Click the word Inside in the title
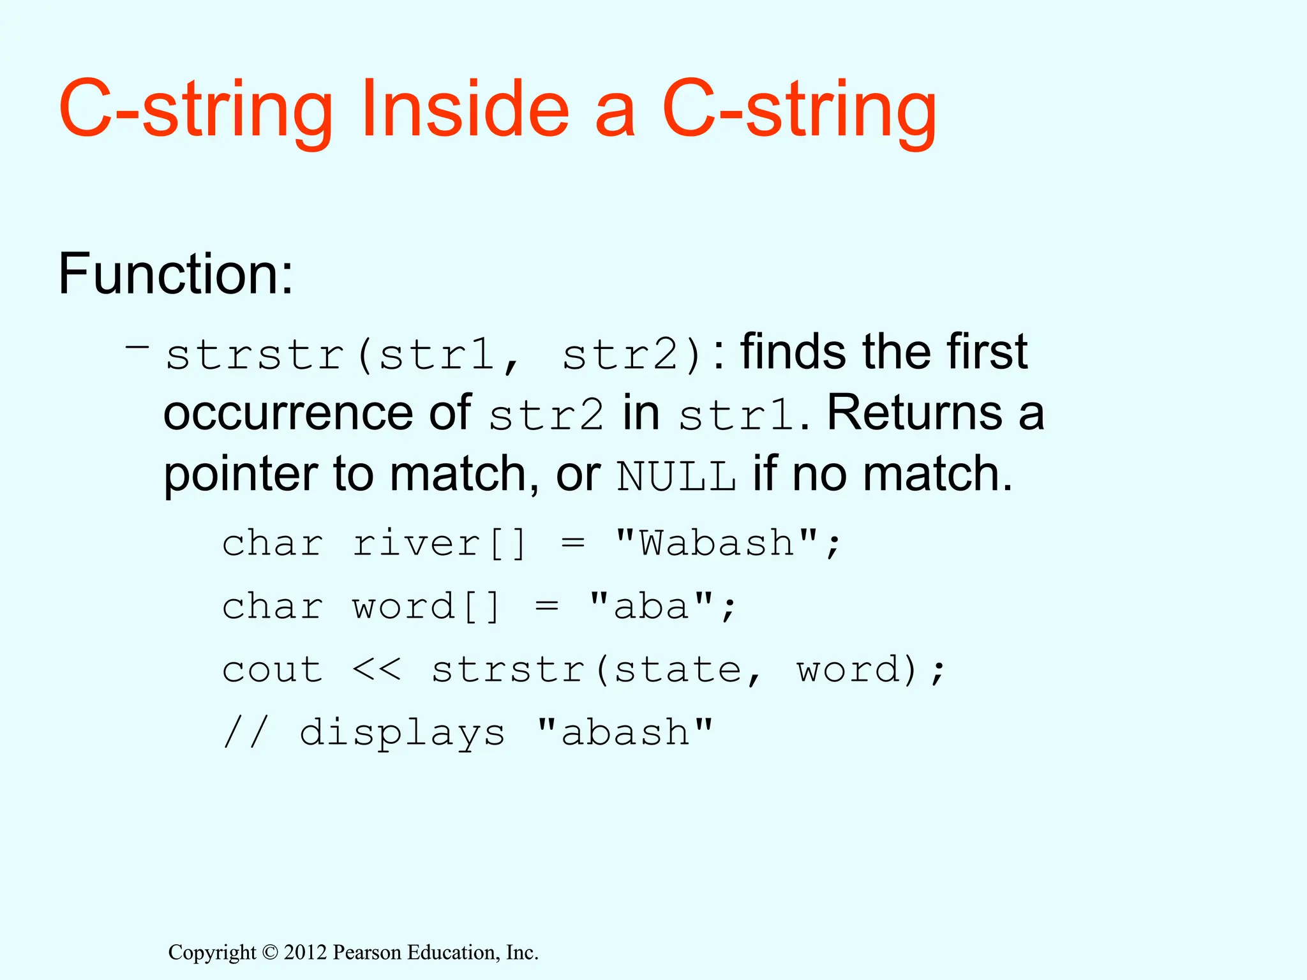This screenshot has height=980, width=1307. pos(464,108)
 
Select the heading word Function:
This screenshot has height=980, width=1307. pos(176,274)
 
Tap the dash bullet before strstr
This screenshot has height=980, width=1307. pos(137,346)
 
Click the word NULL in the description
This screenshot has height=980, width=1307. pos(676,476)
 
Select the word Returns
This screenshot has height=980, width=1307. pos(915,413)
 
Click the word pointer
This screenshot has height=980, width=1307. pos(241,476)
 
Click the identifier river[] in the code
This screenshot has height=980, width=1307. pos(439,544)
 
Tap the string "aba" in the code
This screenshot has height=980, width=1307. pos(650,606)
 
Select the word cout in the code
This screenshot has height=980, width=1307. pos(273,670)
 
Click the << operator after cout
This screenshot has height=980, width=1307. pos(377,670)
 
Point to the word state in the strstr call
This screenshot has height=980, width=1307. pos(678,670)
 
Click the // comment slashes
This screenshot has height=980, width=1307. pos(246,732)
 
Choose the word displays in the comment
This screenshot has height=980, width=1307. pos(402,732)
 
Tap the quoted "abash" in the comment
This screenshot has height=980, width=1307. pos(624,732)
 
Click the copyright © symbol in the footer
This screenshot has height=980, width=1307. pos(270,953)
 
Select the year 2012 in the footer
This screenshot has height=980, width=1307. pos(306,953)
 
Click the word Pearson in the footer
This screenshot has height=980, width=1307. pos(368,953)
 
